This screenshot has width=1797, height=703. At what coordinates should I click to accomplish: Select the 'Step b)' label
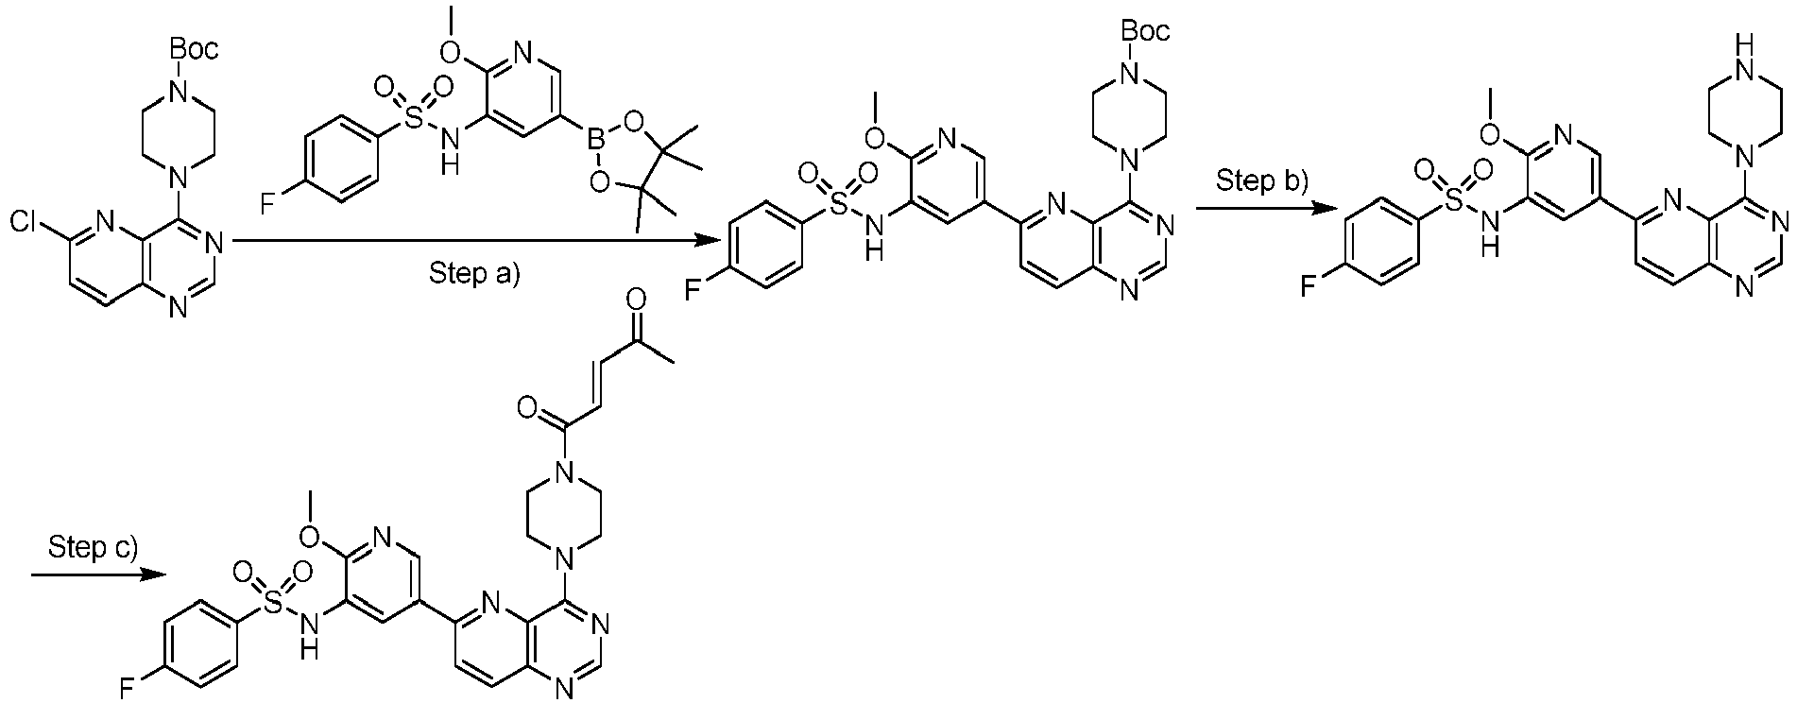click(1261, 180)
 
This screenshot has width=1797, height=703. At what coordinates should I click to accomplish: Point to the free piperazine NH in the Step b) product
click(1748, 49)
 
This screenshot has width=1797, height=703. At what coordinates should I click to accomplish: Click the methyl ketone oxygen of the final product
click(636, 300)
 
